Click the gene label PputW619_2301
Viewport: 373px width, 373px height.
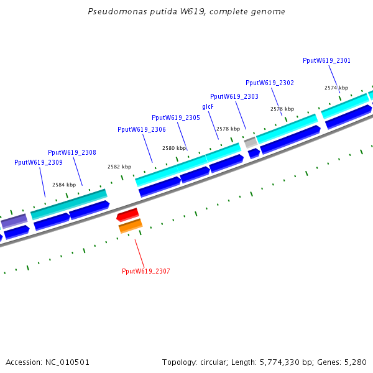(326, 60)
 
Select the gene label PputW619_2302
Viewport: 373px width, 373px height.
(270, 83)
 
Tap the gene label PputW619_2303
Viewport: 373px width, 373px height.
(234, 96)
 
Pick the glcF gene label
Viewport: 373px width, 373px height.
(208, 106)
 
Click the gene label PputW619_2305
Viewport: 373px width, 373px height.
(176, 117)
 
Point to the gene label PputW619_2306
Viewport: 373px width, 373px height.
(142, 129)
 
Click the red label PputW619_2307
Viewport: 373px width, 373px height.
(146, 271)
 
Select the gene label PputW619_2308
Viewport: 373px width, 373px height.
(72, 152)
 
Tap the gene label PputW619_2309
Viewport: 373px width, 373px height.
(39, 162)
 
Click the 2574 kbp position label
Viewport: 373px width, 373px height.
(336, 88)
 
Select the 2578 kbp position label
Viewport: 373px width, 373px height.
(228, 129)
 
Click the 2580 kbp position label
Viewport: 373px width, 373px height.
(174, 148)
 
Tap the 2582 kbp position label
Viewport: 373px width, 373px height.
(119, 167)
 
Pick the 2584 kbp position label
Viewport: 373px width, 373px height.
(64, 185)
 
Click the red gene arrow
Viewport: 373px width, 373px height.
(128, 214)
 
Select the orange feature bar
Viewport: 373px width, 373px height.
(131, 226)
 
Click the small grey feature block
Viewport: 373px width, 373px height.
(251, 142)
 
